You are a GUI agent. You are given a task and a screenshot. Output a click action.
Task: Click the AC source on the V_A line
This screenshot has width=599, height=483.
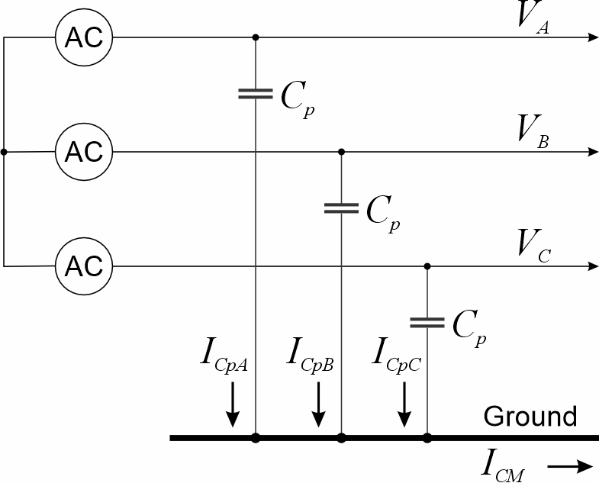(84, 37)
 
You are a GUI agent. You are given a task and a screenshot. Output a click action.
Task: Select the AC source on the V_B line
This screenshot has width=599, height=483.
(84, 152)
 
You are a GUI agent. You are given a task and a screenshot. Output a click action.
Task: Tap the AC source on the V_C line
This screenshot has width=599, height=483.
(84, 266)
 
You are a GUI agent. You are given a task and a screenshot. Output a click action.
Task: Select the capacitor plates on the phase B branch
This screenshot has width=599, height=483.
(341, 208)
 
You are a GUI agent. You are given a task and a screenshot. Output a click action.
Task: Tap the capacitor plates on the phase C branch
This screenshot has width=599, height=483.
(427, 322)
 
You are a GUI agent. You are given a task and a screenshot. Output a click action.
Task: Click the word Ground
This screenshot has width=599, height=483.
(530, 417)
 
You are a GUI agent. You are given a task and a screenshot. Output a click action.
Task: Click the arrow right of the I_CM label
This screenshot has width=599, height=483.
(570, 465)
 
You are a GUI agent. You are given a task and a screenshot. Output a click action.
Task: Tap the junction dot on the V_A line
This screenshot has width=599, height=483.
(255, 37)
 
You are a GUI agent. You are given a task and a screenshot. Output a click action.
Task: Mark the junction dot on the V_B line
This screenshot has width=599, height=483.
(341, 152)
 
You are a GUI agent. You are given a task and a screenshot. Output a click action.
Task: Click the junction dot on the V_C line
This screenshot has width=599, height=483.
(427, 266)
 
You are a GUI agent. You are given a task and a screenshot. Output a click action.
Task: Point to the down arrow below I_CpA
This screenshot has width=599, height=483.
(233, 404)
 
